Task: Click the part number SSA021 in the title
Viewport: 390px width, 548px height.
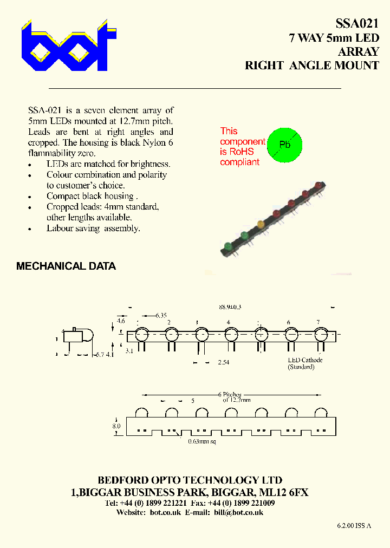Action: coord(356,23)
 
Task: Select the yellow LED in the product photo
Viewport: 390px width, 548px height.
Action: coord(261,224)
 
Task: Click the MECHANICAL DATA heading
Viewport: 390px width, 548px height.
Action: coord(66,266)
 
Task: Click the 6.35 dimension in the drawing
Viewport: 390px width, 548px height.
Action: coord(161,315)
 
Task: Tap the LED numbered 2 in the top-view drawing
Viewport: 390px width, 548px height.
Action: coord(172,335)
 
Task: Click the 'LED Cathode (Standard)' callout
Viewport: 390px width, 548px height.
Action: coord(304,363)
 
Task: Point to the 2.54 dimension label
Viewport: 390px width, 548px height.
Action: coord(223,362)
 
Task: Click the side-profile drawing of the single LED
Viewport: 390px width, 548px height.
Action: coord(78,336)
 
